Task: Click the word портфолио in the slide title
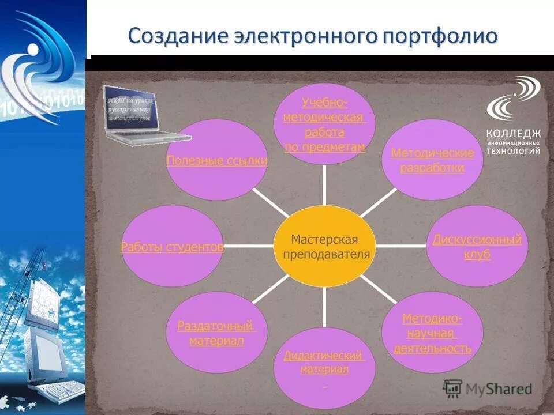438,36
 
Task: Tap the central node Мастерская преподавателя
324,247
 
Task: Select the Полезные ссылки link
216,161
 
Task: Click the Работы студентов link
171,247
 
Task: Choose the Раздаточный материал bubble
216,333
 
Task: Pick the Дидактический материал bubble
324,363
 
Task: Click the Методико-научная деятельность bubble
432,333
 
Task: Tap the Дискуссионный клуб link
477,247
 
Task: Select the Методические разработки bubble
432,160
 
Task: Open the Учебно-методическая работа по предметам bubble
324,124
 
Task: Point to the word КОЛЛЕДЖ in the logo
513,134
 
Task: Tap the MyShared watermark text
500,389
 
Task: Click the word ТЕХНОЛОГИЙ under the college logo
513,150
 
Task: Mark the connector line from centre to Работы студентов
248,246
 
